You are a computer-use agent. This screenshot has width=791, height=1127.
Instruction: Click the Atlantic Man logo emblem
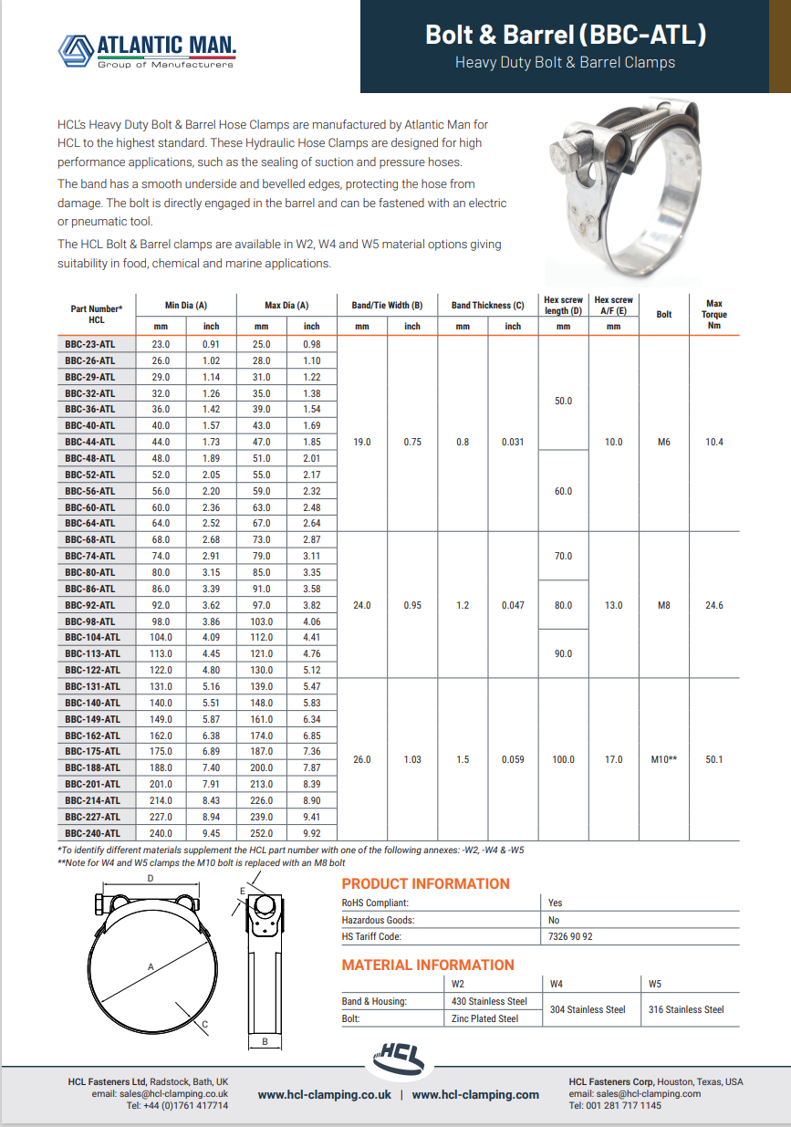76,50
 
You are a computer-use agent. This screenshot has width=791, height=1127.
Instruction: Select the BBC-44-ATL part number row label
89,442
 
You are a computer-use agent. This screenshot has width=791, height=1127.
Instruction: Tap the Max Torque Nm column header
714,315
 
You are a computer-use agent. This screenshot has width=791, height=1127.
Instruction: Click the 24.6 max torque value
714,605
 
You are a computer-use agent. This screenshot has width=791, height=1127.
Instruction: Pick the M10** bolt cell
664,759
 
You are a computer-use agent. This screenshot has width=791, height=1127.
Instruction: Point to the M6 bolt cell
664,442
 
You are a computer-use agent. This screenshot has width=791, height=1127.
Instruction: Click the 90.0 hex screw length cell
564,653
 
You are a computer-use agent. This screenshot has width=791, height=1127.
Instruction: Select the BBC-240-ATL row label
92,833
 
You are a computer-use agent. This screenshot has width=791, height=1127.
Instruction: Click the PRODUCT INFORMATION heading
425,883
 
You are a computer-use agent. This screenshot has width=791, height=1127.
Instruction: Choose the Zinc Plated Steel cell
484,1018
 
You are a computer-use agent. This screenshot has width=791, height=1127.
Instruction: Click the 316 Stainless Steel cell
686,1009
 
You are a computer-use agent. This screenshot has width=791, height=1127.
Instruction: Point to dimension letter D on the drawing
151,878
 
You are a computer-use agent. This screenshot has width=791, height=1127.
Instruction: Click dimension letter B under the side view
264,1041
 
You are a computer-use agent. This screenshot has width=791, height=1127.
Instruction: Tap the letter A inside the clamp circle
151,965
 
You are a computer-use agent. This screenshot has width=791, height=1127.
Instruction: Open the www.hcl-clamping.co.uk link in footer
324,1094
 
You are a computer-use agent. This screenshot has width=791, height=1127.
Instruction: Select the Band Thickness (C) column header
487,306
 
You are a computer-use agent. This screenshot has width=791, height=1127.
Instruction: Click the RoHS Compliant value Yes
556,903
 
